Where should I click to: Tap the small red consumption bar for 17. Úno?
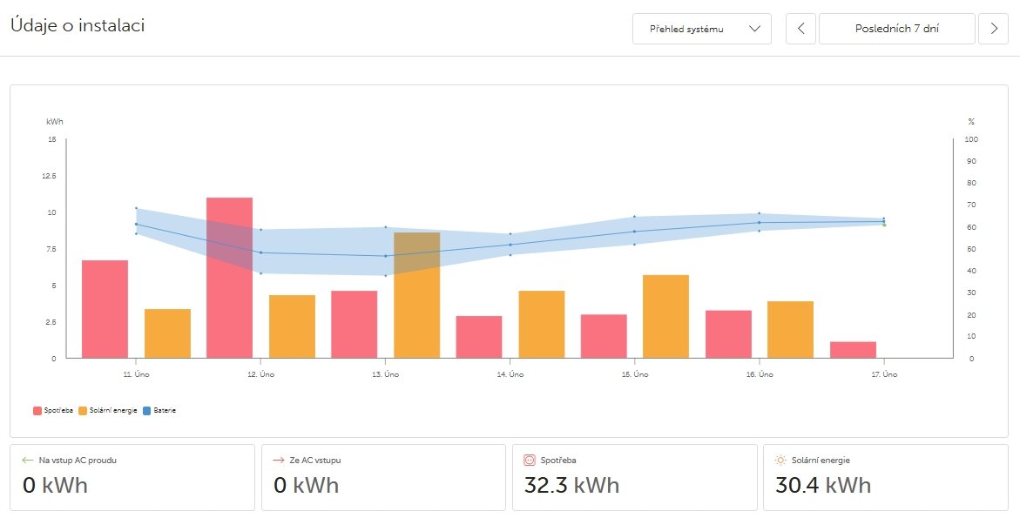coord(853,349)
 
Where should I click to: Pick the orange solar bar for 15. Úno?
coord(665,316)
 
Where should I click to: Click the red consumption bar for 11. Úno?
coord(105,309)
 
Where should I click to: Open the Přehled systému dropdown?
coord(702,29)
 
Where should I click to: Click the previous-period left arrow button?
coord(800,29)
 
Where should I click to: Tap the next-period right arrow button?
coord(994,29)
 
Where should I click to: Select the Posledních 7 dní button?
coord(897,29)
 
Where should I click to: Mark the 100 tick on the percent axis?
coord(971,139)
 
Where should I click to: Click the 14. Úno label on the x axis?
coord(510,374)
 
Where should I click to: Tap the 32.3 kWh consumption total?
coord(571,485)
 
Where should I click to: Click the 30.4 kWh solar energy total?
coord(822,485)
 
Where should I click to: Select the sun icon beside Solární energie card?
coord(780,461)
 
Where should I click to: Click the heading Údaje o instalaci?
coord(77,25)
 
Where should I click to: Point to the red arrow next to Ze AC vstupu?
coord(279,461)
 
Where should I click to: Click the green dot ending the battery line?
coord(884,225)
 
